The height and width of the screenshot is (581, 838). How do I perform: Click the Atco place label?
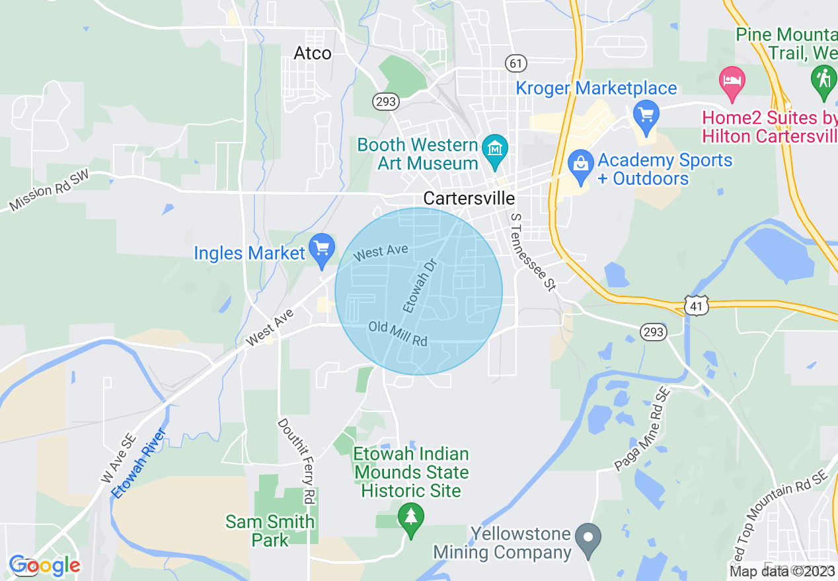[312, 53]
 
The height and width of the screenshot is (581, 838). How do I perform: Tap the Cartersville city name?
[469, 198]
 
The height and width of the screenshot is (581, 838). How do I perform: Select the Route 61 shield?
[516, 63]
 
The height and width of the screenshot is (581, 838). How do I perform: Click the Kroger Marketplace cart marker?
[646, 115]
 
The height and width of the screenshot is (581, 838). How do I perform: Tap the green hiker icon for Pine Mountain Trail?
[823, 80]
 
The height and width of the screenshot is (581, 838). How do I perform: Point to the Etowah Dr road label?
[420, 286]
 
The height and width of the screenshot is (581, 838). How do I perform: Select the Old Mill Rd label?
[398, 333]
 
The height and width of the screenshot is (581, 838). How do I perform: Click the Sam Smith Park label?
[270, 531]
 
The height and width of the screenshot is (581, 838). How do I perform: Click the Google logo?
[44, 565]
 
